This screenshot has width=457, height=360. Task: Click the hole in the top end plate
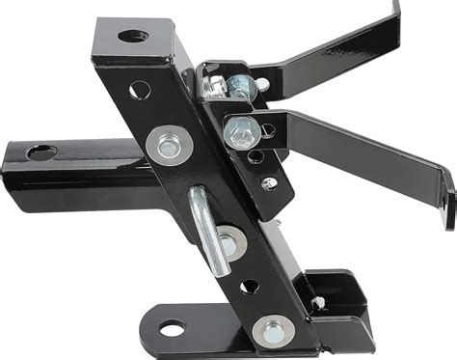click(132, 37)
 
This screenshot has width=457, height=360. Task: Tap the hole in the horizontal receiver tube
click(41, 152)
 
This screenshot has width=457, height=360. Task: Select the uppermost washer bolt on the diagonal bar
click(170, 146)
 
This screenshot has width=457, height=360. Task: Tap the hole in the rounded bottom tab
click(172, 329)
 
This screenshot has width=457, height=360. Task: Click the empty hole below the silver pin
click(249, 287)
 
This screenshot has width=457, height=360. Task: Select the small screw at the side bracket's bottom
click(270, 182)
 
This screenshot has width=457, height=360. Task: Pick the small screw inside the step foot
click(317, 302)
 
